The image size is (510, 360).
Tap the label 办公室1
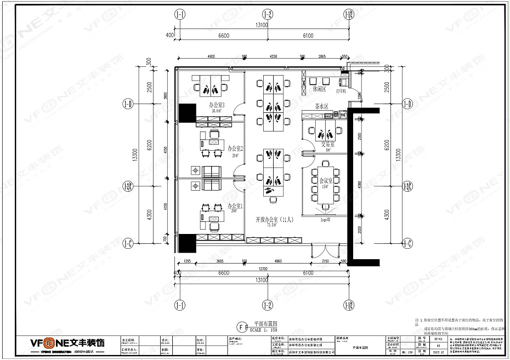coord(235,205)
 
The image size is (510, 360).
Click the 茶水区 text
coord(321,107)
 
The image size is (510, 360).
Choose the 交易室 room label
coord(327,145)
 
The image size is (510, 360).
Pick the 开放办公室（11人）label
coord(275,219)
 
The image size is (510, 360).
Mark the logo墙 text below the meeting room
coord(325,218)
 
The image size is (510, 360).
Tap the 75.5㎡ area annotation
coord(271,225)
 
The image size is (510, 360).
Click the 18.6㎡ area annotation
coord(216,110)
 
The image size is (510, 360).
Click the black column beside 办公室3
coord(187,112)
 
